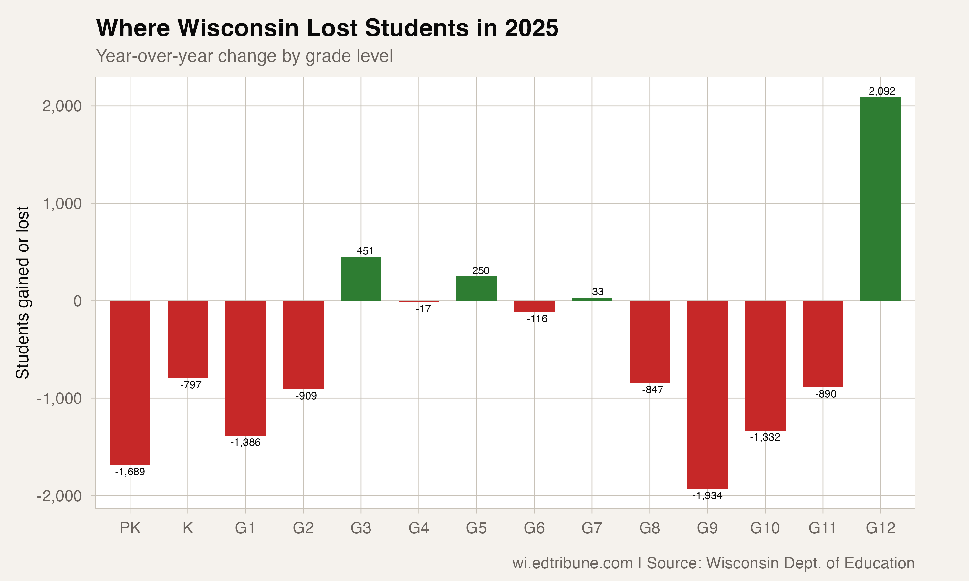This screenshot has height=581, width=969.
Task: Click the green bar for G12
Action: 880,199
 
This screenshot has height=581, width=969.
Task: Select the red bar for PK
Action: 130,382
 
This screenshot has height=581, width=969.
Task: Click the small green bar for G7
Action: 592,299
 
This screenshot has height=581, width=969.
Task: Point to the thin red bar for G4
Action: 419,301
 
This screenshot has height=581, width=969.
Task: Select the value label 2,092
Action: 882,91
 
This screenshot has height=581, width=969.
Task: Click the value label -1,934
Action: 707,496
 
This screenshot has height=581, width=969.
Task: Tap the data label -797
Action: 191,385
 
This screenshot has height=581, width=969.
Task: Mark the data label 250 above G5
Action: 481,270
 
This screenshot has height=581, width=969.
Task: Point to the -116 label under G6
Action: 537,319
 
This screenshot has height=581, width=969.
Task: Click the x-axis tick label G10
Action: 765,528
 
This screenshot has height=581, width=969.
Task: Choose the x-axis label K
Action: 188,528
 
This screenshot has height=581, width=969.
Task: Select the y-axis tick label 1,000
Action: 62,204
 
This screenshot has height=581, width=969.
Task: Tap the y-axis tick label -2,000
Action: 59,496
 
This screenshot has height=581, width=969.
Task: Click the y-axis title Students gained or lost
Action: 23,292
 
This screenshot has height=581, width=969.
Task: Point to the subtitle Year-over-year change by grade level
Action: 244,56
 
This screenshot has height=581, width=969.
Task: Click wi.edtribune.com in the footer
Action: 572,563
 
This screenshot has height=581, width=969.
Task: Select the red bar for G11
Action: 822,344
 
